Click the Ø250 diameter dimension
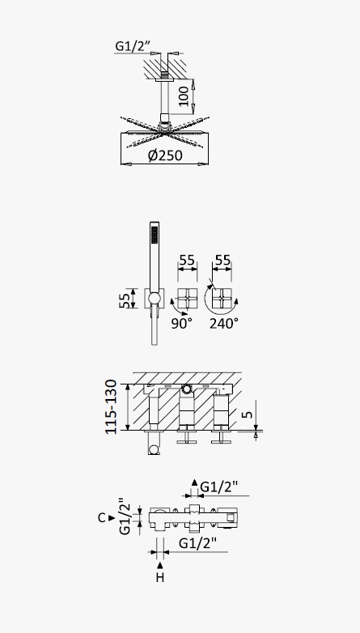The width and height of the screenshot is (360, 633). pyautogui.click(x=165, y=155)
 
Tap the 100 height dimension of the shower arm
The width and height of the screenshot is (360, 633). pyautogui.click(x=184, y=96)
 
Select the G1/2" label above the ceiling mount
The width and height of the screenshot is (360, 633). pyautogui.click(x=131, y=46)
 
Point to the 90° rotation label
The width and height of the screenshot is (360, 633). pyautogui.click(x=181, y=323)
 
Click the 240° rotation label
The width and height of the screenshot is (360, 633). pyautogui.click(x=224, y=323)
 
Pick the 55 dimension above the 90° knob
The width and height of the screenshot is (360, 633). pyautogui.click(x=187, y=261)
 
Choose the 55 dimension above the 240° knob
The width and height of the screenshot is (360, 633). pyautogui.click(x=222, y=261)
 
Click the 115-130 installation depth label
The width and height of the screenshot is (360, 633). pyautogui.click(x=111, y=407)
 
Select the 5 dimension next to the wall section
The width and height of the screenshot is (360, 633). pyautogui.click(x=248, y=414)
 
